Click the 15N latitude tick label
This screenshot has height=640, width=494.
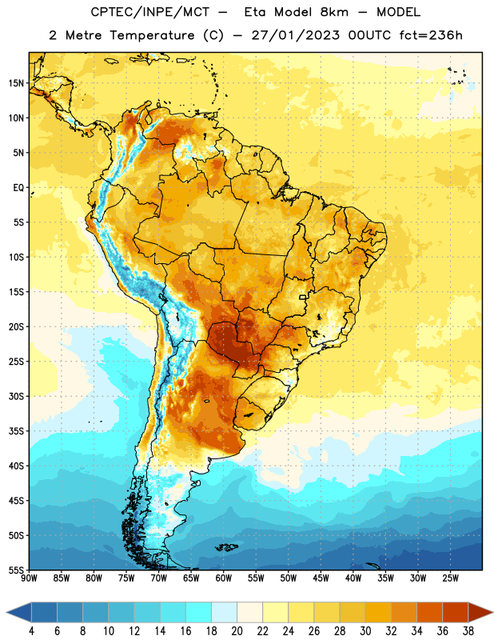tap(16, 83)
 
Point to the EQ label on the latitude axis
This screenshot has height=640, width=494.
tap(18, 188)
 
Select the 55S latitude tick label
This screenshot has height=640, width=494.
tap(16, 570)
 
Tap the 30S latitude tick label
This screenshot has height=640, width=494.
tap(16, 396)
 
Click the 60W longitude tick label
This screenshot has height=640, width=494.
tap(224, 578)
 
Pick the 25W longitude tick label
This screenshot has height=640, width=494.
tap(450, 578)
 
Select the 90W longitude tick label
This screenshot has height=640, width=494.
tap(29, 578)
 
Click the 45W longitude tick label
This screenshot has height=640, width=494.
tap(321, 578)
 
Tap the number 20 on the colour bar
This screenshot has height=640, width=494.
tap(237, 631)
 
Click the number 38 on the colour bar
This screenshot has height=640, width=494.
tap(468, 631)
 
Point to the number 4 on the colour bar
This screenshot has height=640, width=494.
tap(31, 631)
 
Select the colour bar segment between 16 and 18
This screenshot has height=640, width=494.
tap(199, 612)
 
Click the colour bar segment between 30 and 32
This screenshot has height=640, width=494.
tap(378, 612)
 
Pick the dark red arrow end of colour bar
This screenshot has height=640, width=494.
tap(480, 612)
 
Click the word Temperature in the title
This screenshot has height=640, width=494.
tap(152, 35)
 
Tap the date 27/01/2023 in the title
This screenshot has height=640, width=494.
tap(295, 35)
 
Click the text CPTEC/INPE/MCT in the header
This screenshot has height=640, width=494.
tap(150, 12)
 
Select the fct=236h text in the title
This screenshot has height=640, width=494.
tap(431, 35)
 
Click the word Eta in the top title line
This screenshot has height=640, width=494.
tap(255, 12)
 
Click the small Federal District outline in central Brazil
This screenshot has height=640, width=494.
tap(303, 297)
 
